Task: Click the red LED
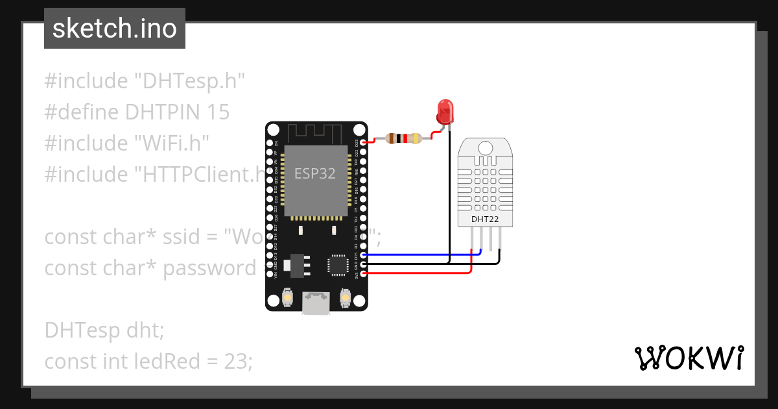(445, 111)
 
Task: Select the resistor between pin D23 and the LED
(403, 138)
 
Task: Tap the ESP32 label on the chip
(315, 174)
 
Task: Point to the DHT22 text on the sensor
(485, 219)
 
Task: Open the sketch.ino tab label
(115, 29)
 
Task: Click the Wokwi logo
(689, 358)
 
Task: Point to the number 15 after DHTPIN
(218, 112)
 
